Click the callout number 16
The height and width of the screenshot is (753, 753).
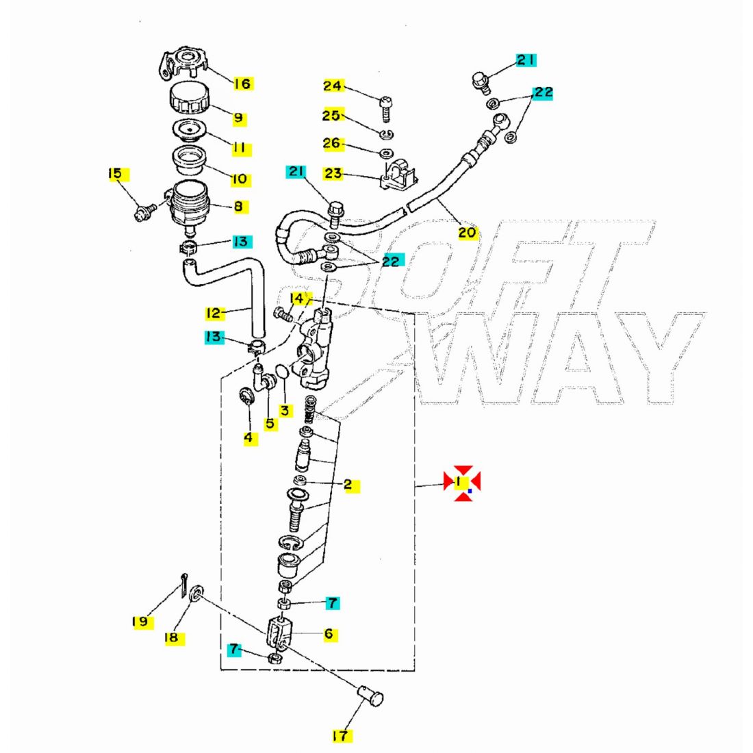pyautogui.click(x=242, y=84)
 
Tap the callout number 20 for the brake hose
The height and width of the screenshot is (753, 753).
pyautogui.click(x=467, y=233)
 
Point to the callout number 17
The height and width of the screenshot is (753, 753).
pyautogui.click(x=340, y=735)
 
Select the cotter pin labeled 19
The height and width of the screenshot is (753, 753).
pyautogui.click(x=184, y=585)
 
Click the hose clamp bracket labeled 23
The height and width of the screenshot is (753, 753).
pyautogui.click(x=398, y=175)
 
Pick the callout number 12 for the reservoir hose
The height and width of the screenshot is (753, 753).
pyautogui.click(x=213, y=314)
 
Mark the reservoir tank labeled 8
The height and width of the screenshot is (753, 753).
pyautogui.click(x=190, y=205)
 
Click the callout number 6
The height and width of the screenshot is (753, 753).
pyautogui.click(x=329, y=634)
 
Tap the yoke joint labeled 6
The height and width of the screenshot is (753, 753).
pyautogui.click(x=278, y=633)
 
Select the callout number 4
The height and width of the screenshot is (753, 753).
pyautogui.click(x=248, y=438)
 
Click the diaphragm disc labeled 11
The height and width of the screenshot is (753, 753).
pyautogui.click(x=189, y=129)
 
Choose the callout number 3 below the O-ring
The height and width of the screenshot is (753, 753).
pyautogui.click(x=285, y=411)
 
